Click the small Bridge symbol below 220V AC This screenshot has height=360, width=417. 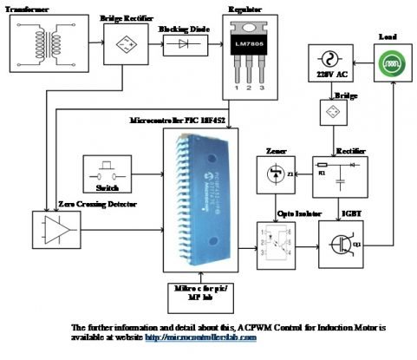329,114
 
